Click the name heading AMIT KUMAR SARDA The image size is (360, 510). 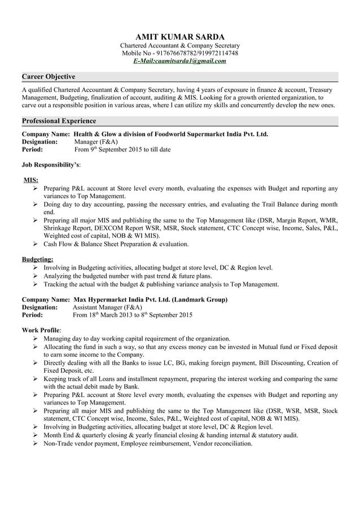click(x=180, y=36)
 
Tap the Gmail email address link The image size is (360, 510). click(x=180, y=61)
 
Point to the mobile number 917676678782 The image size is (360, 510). click(x=171, y=53)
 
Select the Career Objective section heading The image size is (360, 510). click(x=48, y=76)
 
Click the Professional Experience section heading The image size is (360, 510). click(x=59, y=121)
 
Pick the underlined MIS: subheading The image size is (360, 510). click(x=30, y=180)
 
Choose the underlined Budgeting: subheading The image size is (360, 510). click(x=37, y=259)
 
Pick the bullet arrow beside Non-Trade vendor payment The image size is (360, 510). click(x=36, y=443)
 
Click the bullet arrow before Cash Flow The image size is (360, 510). click(x=36, y=244)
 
